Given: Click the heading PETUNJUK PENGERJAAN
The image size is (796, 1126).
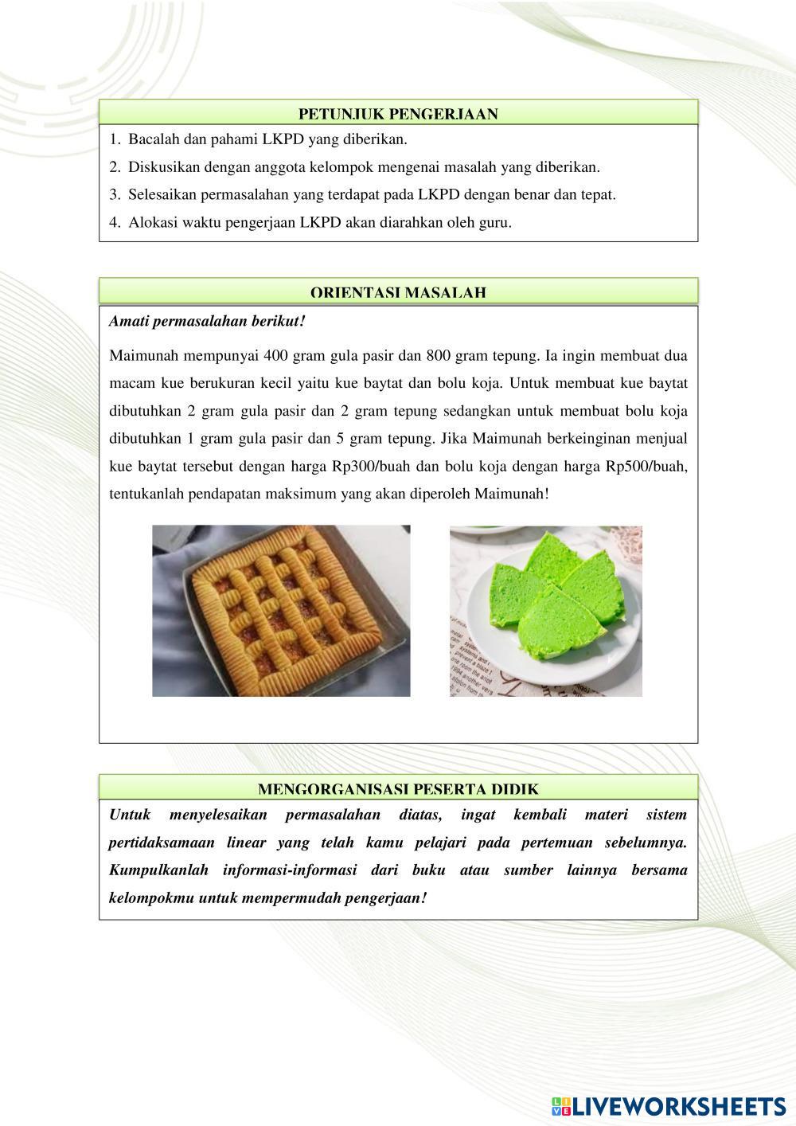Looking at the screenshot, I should pyautogui.click(x=398, y=114).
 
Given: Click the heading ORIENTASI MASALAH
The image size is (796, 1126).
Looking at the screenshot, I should pyautogui.click(x=398, y=292).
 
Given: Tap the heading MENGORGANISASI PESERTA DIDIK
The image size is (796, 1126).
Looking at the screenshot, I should pyautogui.click(x=398, y=789).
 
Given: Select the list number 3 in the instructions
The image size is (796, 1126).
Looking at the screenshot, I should pyautogui.click(x=114, y=194).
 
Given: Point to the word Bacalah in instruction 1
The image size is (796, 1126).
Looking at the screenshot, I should pyautogui.click(x=153, y=139).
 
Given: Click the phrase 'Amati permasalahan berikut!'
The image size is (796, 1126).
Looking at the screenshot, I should pyautogui.click(x=207, y=322).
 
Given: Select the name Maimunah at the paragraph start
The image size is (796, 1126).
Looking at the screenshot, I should pyautogui.click(x=139, y=355).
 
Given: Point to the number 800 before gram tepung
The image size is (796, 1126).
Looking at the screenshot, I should pyautogui.click(x=439, y=355).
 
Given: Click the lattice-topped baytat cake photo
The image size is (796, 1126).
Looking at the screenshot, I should pyautogui.click(x=281, y=611).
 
